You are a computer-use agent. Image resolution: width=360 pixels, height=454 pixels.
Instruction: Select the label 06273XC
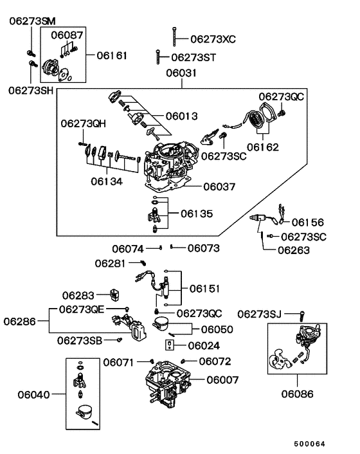click(x=213, y=39)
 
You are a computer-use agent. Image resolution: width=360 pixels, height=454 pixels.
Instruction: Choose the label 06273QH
click(x=84, y=122)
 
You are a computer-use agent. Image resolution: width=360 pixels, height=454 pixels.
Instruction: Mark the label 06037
click(x=219, y=187)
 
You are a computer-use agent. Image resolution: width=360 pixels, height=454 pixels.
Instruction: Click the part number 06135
click(x=196, y=213)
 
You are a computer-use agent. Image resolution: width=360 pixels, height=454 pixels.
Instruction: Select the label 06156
click(x=308, y=222)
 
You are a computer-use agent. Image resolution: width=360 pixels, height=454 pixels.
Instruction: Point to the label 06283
click(x=78, y=296)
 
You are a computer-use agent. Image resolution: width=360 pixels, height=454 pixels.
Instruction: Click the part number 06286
click(x=21, y=320)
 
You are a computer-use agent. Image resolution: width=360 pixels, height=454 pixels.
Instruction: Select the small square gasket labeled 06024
click(x=169, y=345)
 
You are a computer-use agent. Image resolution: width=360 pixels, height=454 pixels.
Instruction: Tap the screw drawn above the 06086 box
click(x=301, y=315)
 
